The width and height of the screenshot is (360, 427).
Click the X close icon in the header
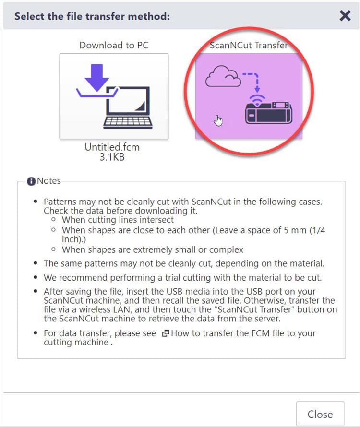(x=345, y=16)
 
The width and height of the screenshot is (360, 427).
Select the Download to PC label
(x=114, y=45)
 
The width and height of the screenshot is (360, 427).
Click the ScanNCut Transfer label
(x=249, y=46)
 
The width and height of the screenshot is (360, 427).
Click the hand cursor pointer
(x=219, y=120)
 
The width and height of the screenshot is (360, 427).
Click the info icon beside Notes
(x=32, y=181)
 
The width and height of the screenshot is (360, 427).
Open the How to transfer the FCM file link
(x=243, y=333)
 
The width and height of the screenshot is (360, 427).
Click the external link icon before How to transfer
(x=166, y=333)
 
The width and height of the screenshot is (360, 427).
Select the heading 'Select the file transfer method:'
(x=92, y=16)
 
